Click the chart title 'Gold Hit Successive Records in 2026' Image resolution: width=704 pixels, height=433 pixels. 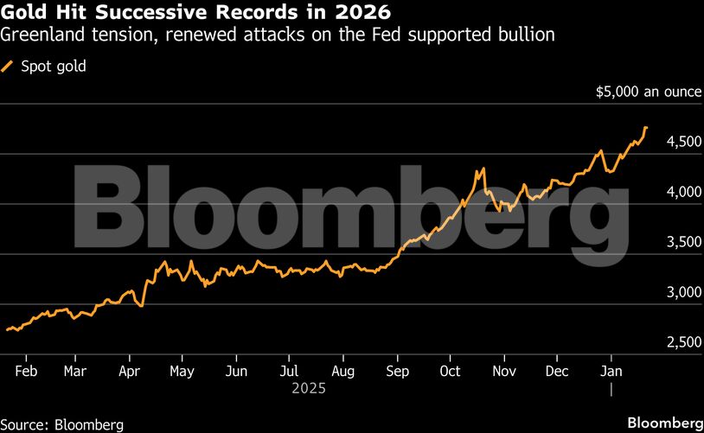[x=196, y=13]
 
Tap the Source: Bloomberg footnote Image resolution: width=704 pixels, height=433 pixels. [x=62, y=424]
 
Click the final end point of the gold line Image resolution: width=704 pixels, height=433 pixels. [x=646, y=128]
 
